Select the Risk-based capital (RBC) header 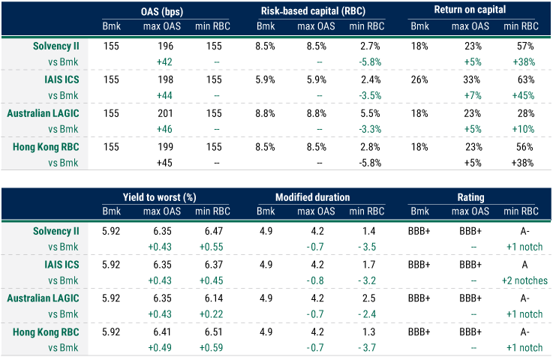point(317,10)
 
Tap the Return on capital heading point(470,10)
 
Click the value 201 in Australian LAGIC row point(165,113)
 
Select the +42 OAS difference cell point(165,60)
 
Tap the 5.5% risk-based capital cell point(368,113)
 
